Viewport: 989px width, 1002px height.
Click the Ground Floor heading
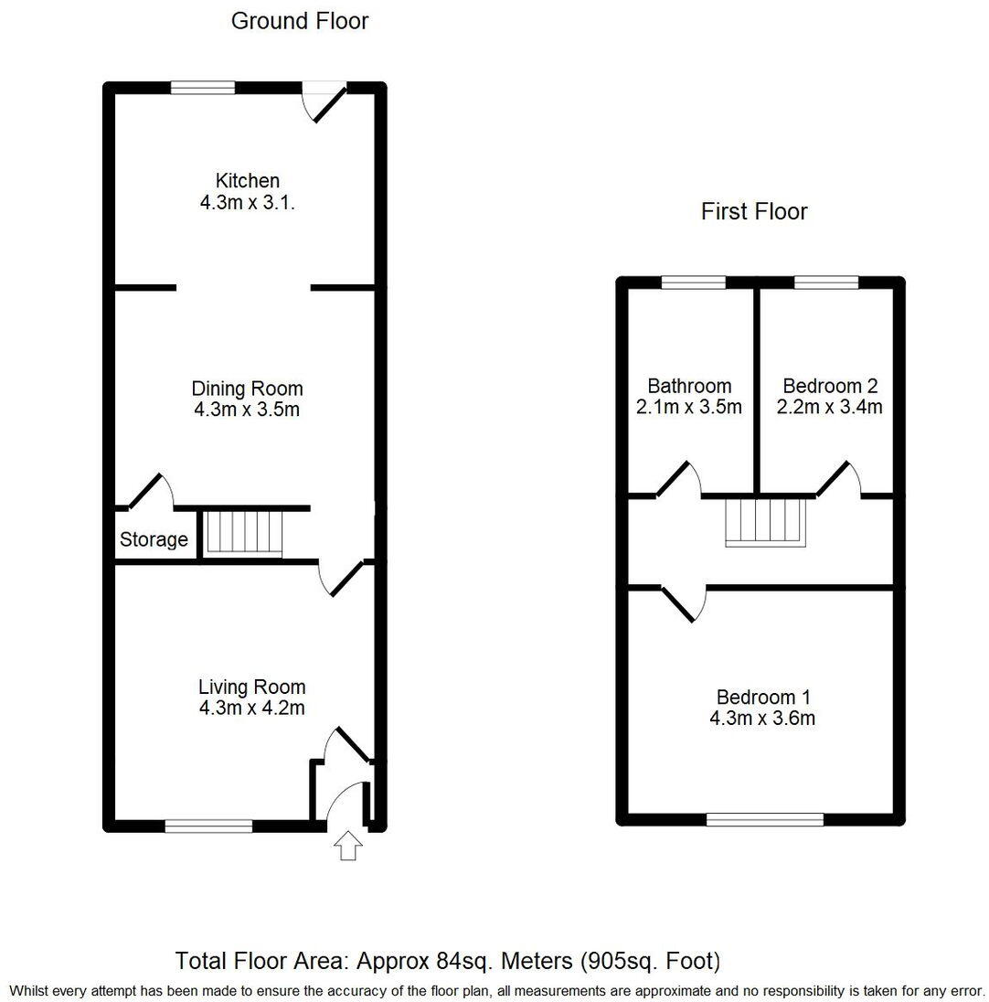pyautogui.click(x=299, y=21)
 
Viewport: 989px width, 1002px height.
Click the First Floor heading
pyautogui.click(x=754, y=212)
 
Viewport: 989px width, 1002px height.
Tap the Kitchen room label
pyautogui.click(x=247, y=181)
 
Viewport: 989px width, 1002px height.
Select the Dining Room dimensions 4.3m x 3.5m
pyautogui.click(x=247, y=410)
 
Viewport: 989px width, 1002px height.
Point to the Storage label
pyautogui.click(x=154, y=539)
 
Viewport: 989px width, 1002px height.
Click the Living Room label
pyautogui.click(x=251, y=687)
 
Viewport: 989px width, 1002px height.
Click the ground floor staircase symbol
pyautogui.click(x=241, y=533)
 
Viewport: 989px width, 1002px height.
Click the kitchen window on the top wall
pyautogui.click(x=203, y=88)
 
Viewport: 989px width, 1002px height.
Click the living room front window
pyautogui.click(x=208, y=826)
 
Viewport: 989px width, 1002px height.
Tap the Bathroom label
pyautogui.click(x=689, y=387)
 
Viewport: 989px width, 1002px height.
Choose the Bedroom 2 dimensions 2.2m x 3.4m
pyautogui.click(x=829, y=407)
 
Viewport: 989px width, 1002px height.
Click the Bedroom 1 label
pyautogui.click(x=762, y=698)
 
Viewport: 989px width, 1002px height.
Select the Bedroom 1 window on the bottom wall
pyautogui.click(x=764, y=820)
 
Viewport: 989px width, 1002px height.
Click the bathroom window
pyautogui.click(x=693, y=282)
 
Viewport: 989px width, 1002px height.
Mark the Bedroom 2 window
pyautogui.click(x=825, y=282)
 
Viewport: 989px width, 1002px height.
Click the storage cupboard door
pyautogui.click(x=148, y=491)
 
